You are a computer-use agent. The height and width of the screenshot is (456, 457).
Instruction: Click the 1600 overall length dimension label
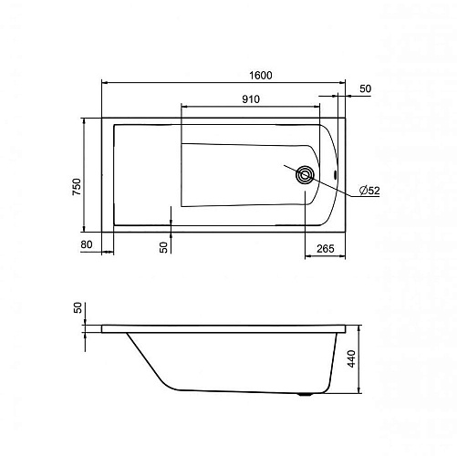coord(261,75)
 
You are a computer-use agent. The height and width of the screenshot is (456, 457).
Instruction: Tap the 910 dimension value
coord(251,99)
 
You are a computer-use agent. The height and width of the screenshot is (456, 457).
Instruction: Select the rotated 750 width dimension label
coord(77,187)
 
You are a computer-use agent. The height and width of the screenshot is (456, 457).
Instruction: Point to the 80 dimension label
coord(87,244)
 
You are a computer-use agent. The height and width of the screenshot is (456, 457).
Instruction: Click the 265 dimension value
coord(326,249)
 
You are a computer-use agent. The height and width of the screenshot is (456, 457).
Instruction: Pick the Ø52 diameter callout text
coord(369,191)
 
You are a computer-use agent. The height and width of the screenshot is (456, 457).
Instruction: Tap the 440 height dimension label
coord(351,358)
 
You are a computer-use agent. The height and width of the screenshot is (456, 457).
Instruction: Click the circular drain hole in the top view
coord(305,175)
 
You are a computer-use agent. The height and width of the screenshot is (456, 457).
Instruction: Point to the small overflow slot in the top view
coord(335,175)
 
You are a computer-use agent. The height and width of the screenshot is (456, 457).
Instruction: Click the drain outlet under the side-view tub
coord(304,395)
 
